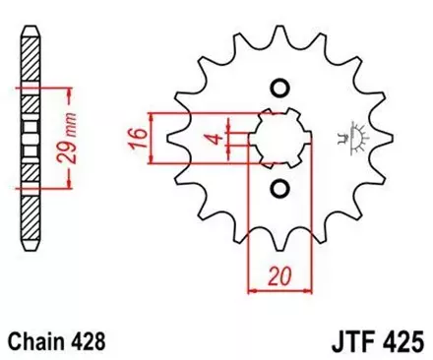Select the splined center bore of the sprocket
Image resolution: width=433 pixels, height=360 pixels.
[278, 138]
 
